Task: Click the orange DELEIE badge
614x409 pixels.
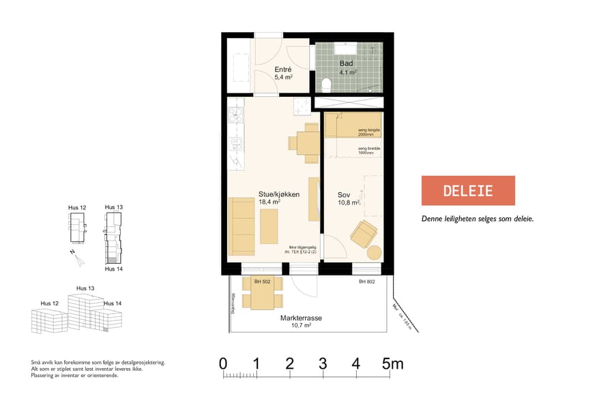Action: click(x=468, y=190)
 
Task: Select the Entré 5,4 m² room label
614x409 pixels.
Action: click(x=283, y=74)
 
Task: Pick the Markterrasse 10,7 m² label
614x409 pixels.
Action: click(x=301, y=322)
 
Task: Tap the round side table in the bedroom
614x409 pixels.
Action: click(x=375, y=252)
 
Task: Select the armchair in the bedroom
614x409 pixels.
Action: click(x=364, y=234)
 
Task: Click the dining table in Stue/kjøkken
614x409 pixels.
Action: click(x=307, y=142)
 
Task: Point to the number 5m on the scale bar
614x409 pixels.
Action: click(x=392, y=364)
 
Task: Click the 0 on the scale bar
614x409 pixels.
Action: click(x=223, y=364)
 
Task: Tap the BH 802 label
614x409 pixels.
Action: click(x=368, y=282)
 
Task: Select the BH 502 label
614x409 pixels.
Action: click(x=263, y=282)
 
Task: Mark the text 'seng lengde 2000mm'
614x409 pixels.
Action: click(x=368, y=132)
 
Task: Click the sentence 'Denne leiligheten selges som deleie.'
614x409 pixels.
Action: click(x=477, y=219)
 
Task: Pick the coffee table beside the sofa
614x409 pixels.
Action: click(x=269, y=226)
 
